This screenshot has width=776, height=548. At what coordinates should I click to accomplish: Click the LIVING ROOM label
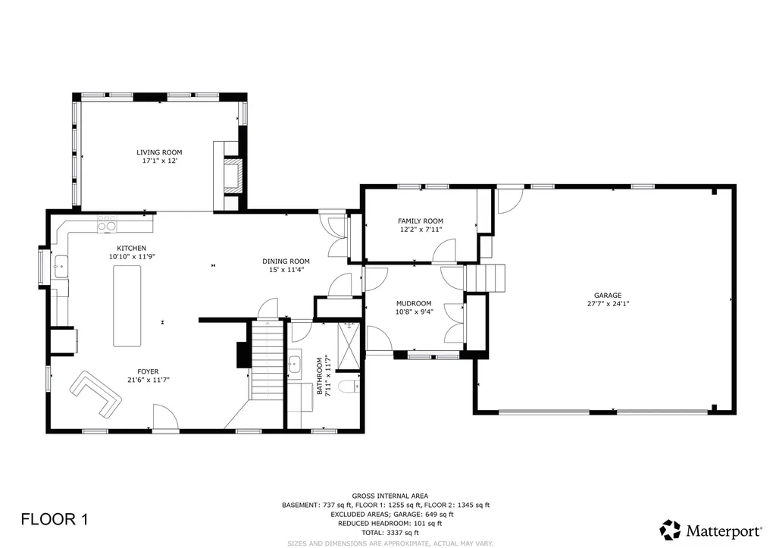coord(159,152)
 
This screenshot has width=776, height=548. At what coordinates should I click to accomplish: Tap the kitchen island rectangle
coord(127,305)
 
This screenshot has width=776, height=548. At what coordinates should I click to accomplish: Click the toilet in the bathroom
coord(349,388)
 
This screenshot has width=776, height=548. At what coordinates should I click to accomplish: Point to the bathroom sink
coord(296,365)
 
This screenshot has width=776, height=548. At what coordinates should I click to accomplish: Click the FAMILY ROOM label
coord(420,221)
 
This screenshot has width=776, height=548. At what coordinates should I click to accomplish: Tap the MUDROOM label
coord(414,303)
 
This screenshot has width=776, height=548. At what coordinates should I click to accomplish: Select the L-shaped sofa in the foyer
coord(95,392)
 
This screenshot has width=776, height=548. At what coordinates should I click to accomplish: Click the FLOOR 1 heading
coord(55,519)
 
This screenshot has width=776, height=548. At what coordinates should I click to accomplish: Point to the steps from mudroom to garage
coord(485,278)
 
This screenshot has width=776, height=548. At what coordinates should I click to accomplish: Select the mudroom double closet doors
coord(455,322)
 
